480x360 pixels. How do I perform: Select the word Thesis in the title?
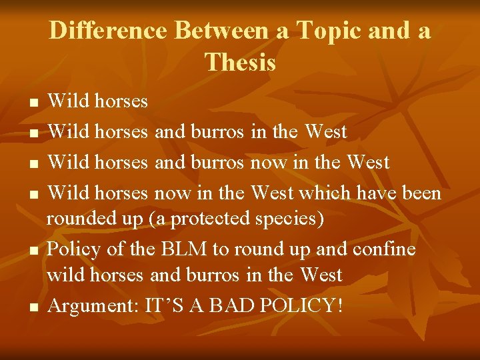(240, 62)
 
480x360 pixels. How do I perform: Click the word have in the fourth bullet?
(378, 193)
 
